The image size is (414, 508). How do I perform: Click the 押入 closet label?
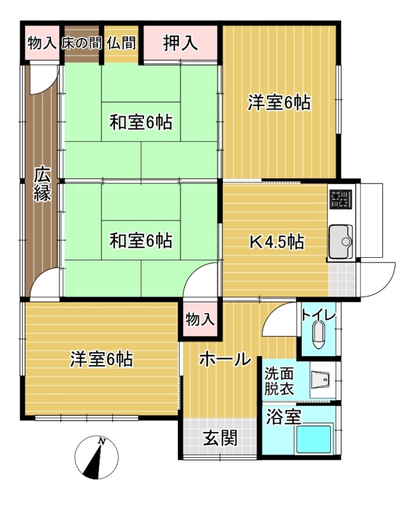tap(180, 43)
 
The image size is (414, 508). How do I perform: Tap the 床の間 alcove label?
tap(82, 43)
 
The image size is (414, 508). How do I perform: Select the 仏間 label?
tap(121, 43)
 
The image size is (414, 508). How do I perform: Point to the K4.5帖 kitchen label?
tap(277, 242)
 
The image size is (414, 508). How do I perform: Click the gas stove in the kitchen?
tap(341, 199)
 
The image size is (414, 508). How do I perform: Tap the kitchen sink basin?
tap(341, 241)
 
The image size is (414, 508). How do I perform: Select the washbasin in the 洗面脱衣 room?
tap(321, 380)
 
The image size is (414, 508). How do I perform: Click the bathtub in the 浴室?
tap(314, 439)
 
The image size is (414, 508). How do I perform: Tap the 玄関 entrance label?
tap(220, 438)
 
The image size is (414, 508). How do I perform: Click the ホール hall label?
tap(225, 359)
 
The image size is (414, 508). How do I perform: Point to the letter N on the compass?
tap(102, 441)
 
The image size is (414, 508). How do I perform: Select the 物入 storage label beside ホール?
tap(200, 320)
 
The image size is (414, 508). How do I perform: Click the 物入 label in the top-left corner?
tap(42, 43)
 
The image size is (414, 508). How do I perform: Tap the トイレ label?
tap(319, 314)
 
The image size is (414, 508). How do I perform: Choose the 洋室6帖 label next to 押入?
tap(279, 102)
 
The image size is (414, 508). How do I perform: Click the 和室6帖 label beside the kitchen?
tap(141, 241)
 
